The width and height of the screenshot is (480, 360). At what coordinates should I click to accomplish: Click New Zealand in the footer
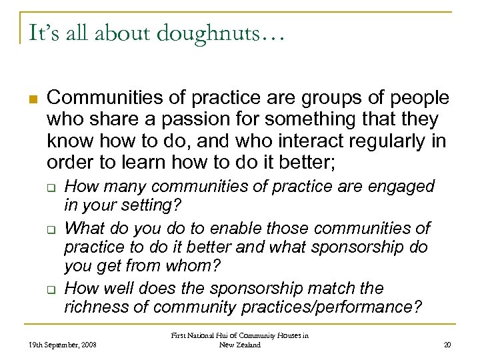239,345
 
